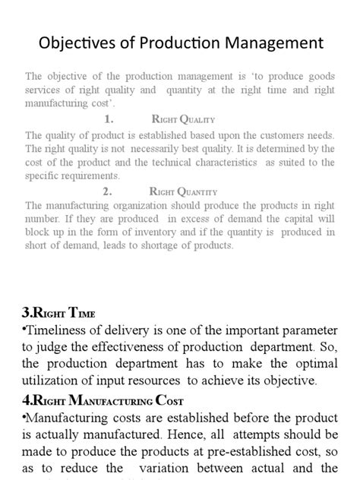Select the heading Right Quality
click(184, 119)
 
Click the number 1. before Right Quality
click(109, 119)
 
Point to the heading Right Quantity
click(185, 192)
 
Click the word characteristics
click(220, 163)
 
